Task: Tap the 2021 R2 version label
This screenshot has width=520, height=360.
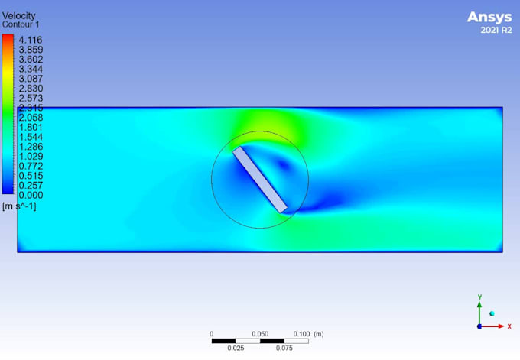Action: click(496, 31)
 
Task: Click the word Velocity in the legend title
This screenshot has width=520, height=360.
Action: click(18, 16)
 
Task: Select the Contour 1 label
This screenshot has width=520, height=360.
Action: click(21, 24)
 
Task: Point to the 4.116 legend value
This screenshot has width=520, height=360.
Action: click(31, 40)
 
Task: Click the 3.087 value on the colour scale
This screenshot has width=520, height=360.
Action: click(31, 79)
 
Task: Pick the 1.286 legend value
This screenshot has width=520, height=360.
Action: click(31, 147)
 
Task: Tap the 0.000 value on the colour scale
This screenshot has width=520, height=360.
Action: click(31, 195)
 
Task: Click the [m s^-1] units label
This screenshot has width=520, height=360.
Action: click(19, 206)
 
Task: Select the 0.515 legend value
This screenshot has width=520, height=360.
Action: click(31, 176)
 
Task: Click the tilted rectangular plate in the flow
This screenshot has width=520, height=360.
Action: click(260, 179)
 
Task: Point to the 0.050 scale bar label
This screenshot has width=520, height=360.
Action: click(260, 334)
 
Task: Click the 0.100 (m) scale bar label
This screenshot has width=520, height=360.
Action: click(307, 334)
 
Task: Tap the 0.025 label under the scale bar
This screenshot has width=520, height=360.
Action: click(236, 348)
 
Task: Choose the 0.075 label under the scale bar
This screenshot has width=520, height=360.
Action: click(284, 348)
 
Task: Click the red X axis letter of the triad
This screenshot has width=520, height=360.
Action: click(509, 326)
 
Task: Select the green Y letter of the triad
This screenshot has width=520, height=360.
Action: click(479, 295)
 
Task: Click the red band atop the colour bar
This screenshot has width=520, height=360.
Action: click(8, 38)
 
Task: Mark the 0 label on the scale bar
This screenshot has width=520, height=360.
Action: click(212, 334)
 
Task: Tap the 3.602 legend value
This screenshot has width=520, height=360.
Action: click(31, 60)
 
